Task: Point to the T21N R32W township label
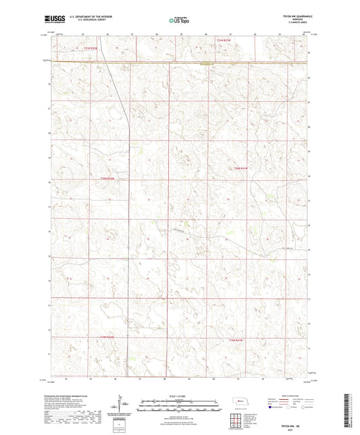click(91, 48)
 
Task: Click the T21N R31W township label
click(223, 41)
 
